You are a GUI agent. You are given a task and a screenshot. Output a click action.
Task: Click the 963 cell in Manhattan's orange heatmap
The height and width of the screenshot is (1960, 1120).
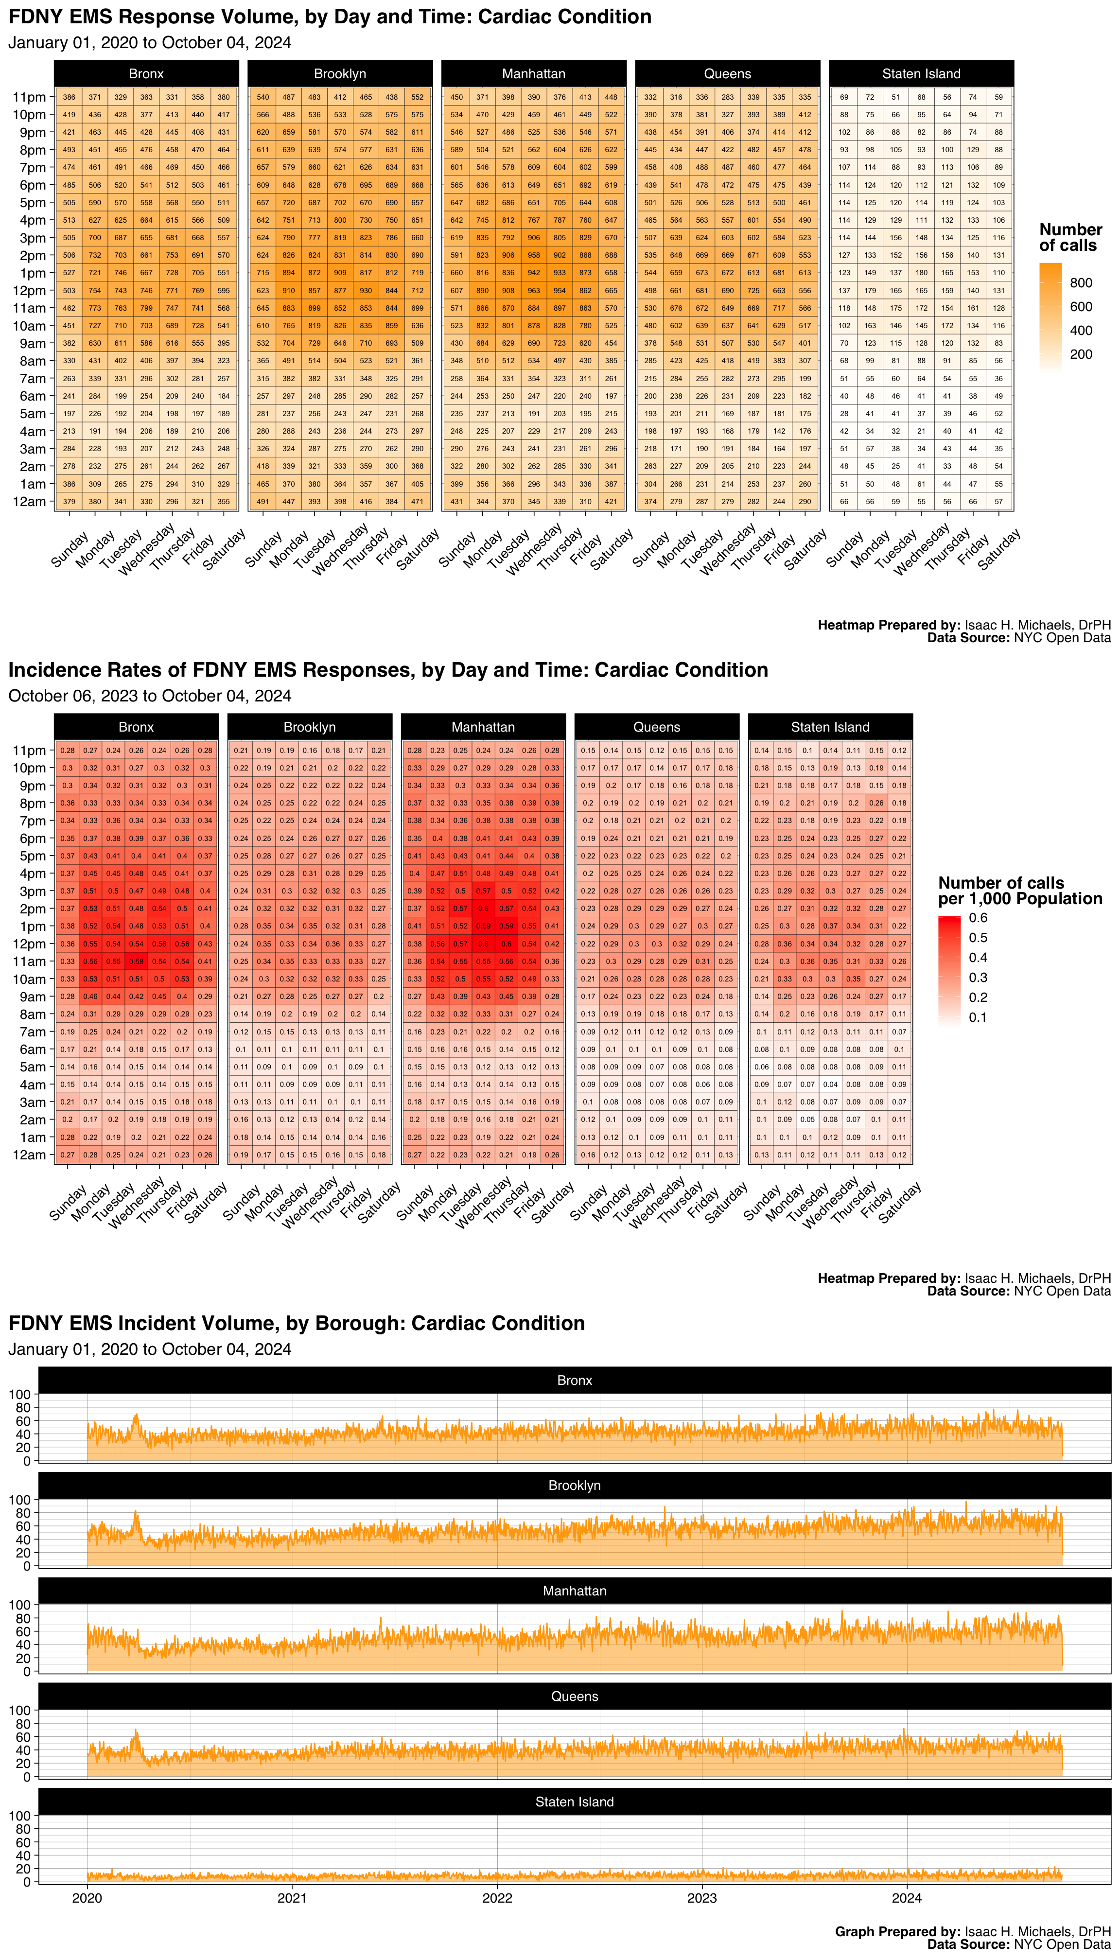coord(534,291)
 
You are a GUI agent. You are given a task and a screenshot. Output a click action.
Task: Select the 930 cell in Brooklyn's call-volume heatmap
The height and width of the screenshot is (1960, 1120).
coord(366,291)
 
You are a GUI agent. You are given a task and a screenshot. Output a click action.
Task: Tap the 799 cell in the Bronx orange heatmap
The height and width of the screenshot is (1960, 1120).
coord(146,308)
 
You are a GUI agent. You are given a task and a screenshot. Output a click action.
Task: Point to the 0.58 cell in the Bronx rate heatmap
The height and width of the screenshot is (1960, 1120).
coord(136,962)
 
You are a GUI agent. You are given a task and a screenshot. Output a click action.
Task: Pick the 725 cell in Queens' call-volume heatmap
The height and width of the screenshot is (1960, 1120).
coord(753,291)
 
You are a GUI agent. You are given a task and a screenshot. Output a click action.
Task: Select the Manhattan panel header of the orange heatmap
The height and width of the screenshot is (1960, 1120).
coord(534,74)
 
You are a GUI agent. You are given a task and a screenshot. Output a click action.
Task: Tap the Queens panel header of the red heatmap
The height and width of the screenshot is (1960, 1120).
coord(656,727)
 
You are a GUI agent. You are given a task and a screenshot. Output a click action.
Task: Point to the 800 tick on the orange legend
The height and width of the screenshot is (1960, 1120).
coord(1081,283)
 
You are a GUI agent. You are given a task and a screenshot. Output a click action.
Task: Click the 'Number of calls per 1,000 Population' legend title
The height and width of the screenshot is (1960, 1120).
coord(1019,891)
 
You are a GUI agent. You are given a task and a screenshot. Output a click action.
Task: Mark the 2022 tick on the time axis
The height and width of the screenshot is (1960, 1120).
coord(497,1898)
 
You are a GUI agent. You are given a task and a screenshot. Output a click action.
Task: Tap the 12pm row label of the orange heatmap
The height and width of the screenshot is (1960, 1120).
coord(29,291)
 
